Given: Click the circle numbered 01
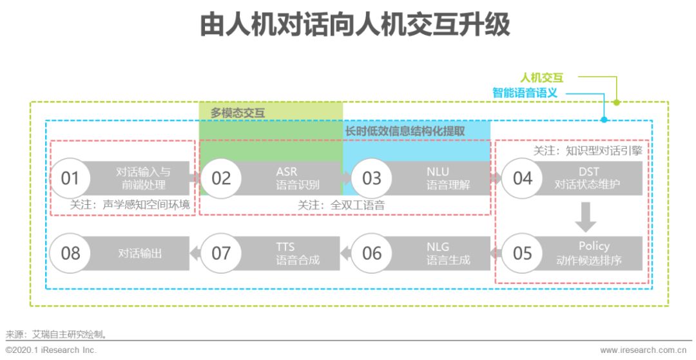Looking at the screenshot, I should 70,178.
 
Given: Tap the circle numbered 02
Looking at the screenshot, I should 221,178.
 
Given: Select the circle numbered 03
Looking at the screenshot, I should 372,178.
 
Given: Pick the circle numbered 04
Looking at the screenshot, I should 523,178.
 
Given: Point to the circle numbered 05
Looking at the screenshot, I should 523,253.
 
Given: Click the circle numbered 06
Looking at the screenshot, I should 372,253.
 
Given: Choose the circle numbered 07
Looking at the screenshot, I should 221,253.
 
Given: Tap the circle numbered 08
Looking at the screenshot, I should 70,253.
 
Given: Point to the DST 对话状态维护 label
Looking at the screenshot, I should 587,178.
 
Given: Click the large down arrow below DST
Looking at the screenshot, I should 586,216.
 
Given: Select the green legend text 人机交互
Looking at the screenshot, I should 541,78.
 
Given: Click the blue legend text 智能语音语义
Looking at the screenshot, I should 525,93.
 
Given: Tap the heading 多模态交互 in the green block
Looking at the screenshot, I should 238,112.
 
